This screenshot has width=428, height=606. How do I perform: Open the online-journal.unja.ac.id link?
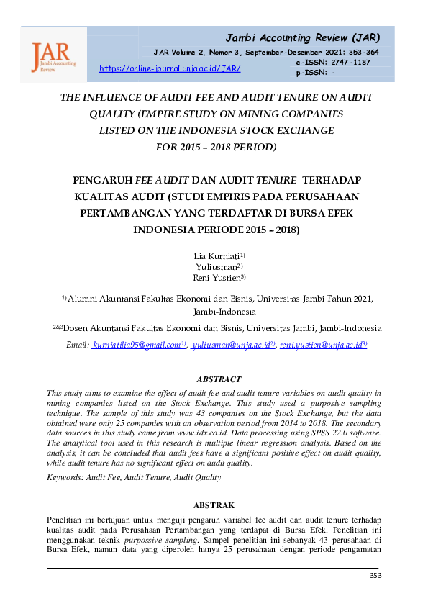tap(169, 68)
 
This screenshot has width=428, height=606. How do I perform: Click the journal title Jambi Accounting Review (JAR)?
tap(303, 37)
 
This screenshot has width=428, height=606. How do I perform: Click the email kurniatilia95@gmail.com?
tap(137, 345)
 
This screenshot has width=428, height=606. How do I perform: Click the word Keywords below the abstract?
tap(63, 477)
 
